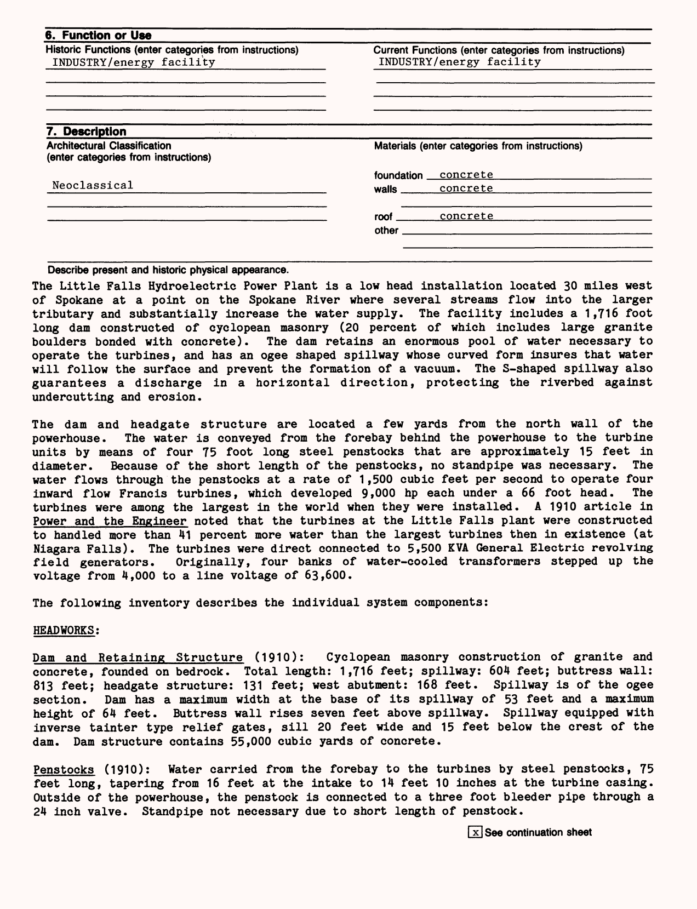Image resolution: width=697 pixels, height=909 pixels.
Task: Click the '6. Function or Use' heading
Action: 98,36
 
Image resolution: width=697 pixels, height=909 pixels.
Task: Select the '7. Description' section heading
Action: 87,132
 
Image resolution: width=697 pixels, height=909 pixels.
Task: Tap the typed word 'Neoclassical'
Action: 93,185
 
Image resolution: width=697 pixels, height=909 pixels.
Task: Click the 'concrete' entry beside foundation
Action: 466,175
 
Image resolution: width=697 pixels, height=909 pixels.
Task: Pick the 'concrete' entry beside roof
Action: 466,216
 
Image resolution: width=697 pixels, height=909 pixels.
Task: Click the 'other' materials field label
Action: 386,231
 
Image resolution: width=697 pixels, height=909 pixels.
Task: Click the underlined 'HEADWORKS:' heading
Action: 66,630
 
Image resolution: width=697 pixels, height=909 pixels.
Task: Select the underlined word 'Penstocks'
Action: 64,769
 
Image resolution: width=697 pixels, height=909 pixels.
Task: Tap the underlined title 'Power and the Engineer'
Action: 110,521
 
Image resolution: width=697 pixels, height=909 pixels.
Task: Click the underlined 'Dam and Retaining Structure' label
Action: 138,657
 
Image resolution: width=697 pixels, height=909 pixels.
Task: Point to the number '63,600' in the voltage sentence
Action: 327,575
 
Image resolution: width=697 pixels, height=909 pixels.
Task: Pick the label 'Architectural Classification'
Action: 109,146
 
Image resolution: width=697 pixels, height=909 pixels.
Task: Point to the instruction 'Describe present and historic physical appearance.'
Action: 168,270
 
